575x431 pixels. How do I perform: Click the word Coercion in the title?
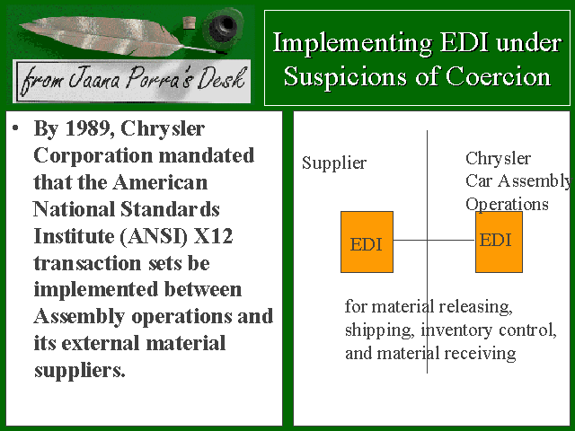[499, 77]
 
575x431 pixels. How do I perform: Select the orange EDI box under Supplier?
[367, 242]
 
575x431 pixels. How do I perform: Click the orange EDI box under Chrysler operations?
[500, 242]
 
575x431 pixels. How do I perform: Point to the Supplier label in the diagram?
[334, 163]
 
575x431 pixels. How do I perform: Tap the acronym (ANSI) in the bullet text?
[154, 237]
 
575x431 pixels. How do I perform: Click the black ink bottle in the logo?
[223, 27]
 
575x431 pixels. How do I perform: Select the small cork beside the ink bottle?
[189, 22]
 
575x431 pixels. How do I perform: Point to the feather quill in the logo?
[110, 36]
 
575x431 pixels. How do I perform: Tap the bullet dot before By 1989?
[15, 128]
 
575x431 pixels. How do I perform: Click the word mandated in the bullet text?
[206, 155]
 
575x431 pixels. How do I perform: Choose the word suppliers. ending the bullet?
[80, 371]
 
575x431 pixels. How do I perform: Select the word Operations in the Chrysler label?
[507, 205]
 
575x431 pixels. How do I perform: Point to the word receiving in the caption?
[480, 354]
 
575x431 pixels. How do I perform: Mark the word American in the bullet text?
[160, 182]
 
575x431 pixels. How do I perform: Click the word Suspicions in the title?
[345, 78]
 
